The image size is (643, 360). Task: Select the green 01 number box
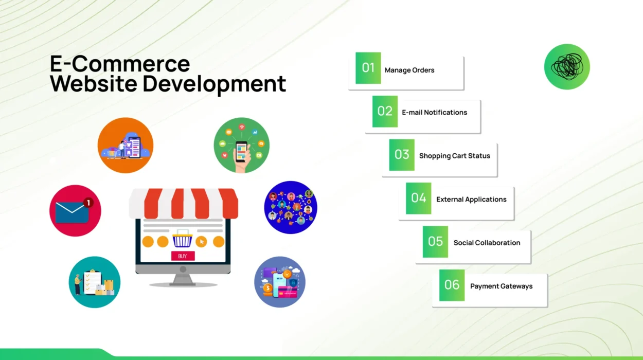point(368,68)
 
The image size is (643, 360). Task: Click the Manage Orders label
point(409,70)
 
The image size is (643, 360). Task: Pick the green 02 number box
point(385,112)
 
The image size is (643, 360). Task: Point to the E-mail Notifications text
point(434,113)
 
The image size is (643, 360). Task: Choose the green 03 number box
point(402,155)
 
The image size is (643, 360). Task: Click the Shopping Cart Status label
point(454,156)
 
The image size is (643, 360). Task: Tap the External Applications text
point(471,200)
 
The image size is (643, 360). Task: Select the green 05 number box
point(435,242)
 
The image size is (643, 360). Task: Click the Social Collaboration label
point(487,243)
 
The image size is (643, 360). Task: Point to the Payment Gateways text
point(501,286)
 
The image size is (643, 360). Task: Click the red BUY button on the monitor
point(183,256)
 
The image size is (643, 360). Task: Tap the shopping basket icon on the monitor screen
point(182,240)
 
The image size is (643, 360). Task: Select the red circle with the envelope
point(75,211)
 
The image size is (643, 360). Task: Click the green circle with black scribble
point(567,67)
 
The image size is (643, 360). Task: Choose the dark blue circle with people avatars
point(291,207)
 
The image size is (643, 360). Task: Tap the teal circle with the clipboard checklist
point(95,282)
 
